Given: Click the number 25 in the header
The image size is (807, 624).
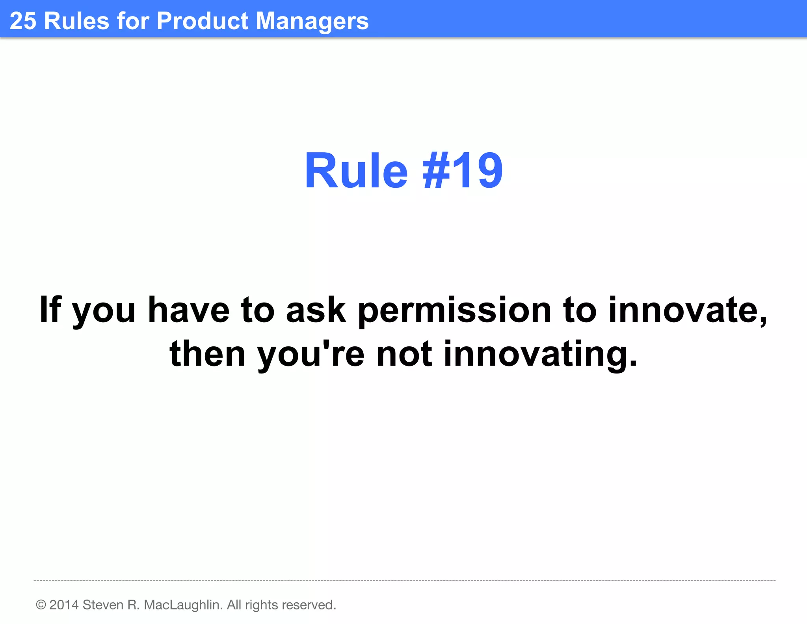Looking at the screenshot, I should point(23,21).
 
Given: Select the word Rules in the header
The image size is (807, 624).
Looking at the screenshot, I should point(76,21).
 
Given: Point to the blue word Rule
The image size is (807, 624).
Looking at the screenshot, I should point(356,171).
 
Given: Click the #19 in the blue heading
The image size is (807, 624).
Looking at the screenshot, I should point(463,171).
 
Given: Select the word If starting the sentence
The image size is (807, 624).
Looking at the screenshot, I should point(50,310).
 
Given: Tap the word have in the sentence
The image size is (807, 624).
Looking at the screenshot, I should point(188,310).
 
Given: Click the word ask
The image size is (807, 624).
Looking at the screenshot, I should point(316,310).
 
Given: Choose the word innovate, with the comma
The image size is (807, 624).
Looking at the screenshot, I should point(688,310).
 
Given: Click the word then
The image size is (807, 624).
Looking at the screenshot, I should point(207,354).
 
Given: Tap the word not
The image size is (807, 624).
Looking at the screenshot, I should point(404,354).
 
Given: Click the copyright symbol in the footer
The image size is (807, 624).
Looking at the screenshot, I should point(41,605).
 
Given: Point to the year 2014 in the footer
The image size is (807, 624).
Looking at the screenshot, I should point(64,605).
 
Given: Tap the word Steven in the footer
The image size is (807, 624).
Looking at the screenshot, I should point(103,605).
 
